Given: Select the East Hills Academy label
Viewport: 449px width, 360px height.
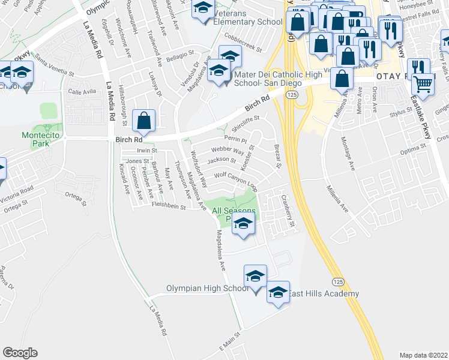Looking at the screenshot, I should pos(323,293).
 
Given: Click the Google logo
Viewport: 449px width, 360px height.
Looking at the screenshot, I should pos(20,353).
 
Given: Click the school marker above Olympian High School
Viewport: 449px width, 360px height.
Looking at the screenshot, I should pos(255,277).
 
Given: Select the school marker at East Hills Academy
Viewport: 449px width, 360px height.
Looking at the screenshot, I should pos(278,292).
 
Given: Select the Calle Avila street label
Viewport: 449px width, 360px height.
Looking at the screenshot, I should pos(82,92).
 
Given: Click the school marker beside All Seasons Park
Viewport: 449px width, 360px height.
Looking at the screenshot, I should pos(243,224).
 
